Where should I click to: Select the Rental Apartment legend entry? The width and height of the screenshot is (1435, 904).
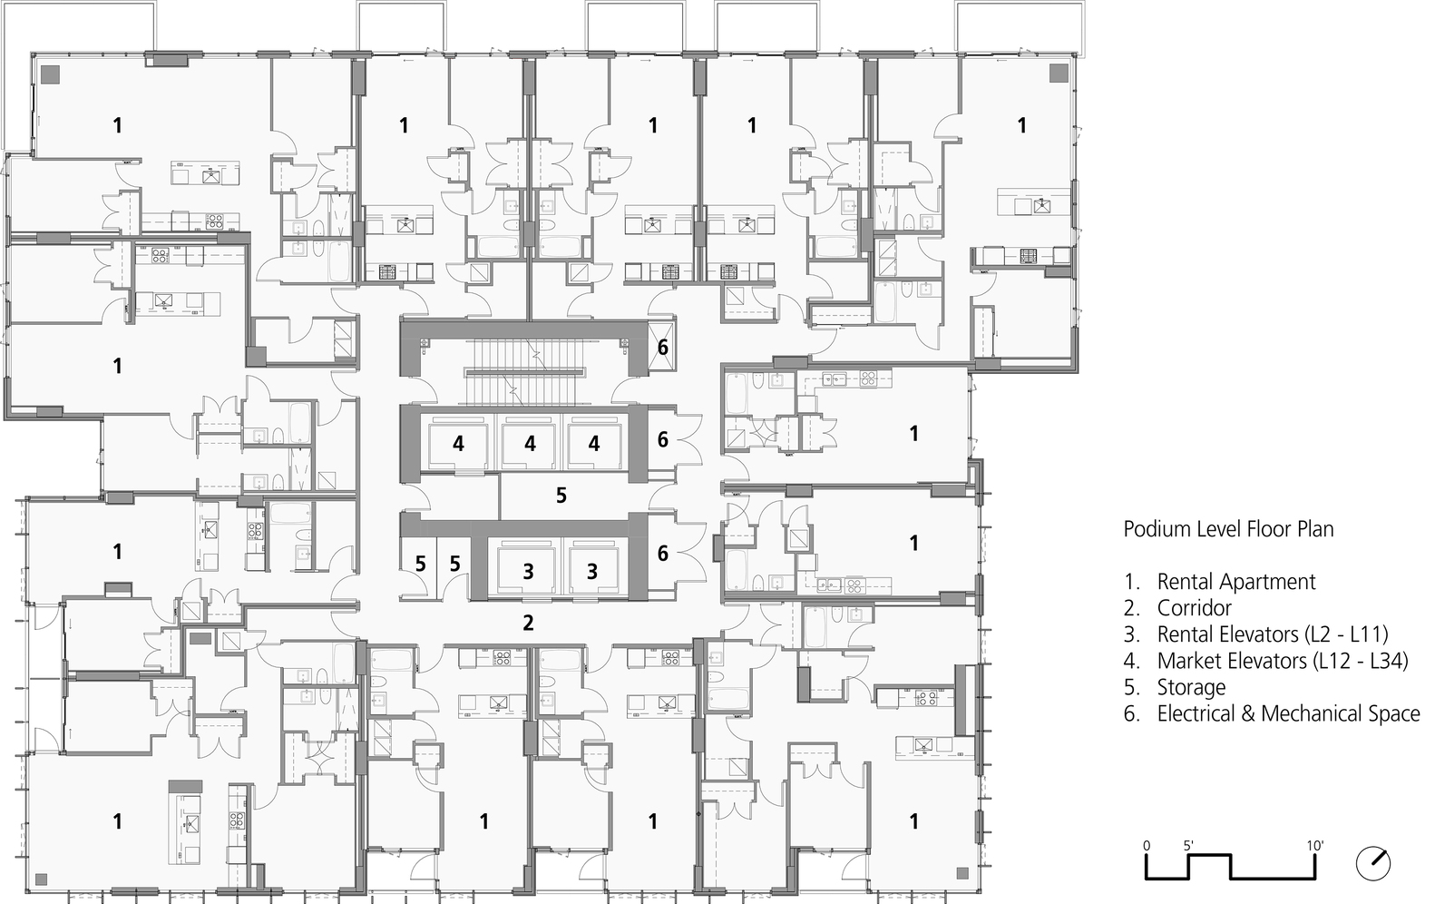pos(1235,582)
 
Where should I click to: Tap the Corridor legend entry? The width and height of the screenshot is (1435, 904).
pos(1194,608)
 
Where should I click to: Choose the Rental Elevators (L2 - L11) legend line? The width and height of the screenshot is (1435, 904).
pos(1272,634)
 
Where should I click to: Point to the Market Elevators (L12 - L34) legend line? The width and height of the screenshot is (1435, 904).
pos(1282,661)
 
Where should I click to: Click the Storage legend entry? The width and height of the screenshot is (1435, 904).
pos(1190,687)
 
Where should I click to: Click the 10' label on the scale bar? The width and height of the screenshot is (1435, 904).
pos(1315,845)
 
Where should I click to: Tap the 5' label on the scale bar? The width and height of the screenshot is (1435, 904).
pos(1188,845)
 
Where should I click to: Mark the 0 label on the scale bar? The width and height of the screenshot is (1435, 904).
pos(1147,845)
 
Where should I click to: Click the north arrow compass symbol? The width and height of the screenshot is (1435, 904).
pos(1373,862)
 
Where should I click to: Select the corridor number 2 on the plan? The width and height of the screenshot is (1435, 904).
pos(528,624)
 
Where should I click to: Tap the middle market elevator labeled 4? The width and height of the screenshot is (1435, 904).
pos(530,444)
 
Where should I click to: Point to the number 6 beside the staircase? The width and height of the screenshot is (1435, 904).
pos(663,347)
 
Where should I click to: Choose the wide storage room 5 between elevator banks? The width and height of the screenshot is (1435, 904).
pos(561,495)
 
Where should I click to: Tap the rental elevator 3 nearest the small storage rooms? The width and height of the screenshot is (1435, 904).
pos(528,571)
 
